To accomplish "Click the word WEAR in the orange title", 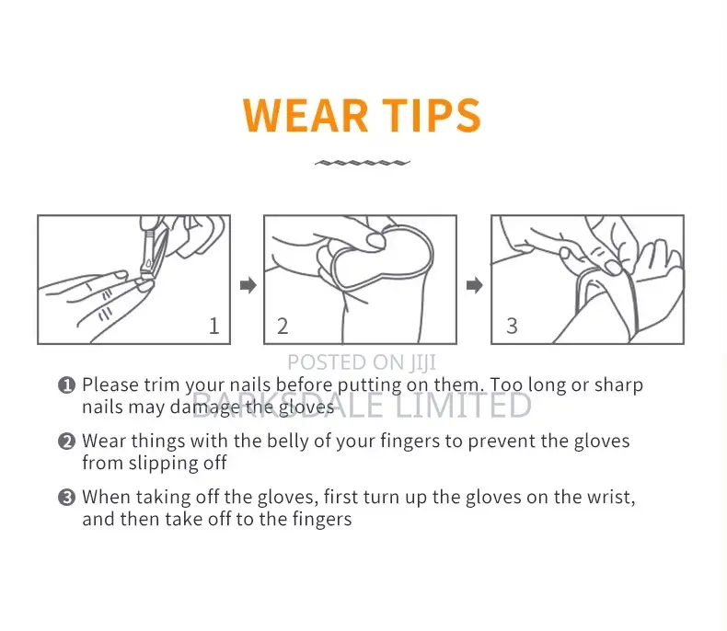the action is (306, 115).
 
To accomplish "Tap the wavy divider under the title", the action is (362, 163).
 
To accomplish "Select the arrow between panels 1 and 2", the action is (248, 285).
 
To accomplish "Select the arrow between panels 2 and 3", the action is (474, 285).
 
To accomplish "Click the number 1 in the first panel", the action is (213, 326).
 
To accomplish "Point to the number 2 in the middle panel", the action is (283, 326).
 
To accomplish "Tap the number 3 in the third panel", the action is (512, 326).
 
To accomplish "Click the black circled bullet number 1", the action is (66, 385).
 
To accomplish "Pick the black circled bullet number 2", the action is (66, 441).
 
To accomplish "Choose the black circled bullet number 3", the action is (66, 497).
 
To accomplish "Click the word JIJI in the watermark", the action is (422, 362).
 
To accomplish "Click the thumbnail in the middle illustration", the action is (376, 241).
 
